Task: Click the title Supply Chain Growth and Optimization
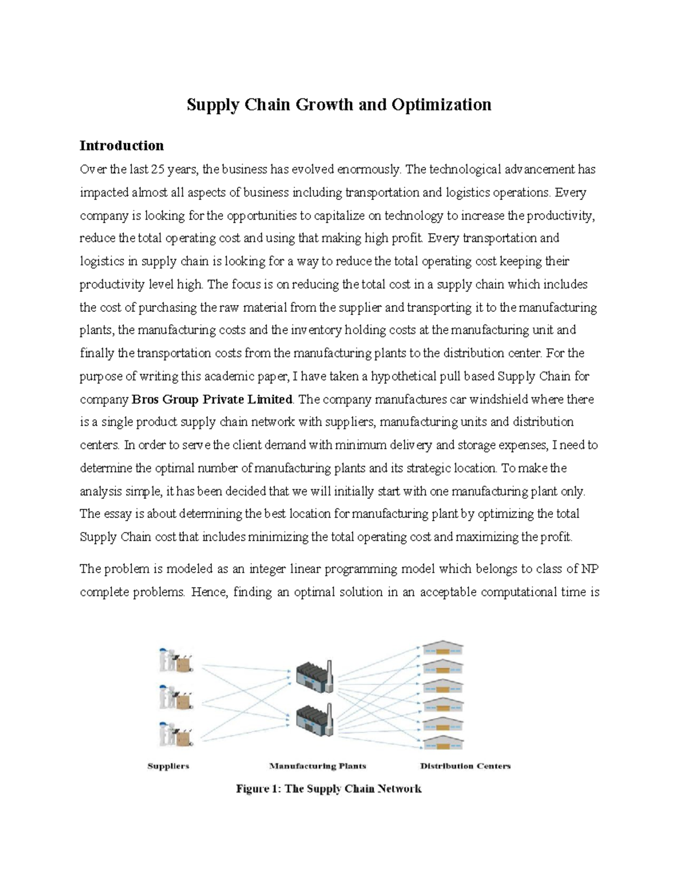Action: pos(339,105)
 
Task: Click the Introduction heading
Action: pos(122,145)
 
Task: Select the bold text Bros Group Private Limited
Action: pos(212,399)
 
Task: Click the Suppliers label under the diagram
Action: pos(168,766)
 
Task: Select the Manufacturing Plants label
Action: pos(317,766)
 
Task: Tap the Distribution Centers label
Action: pos(465,766)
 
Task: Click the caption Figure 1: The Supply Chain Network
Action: pos(329,788)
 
